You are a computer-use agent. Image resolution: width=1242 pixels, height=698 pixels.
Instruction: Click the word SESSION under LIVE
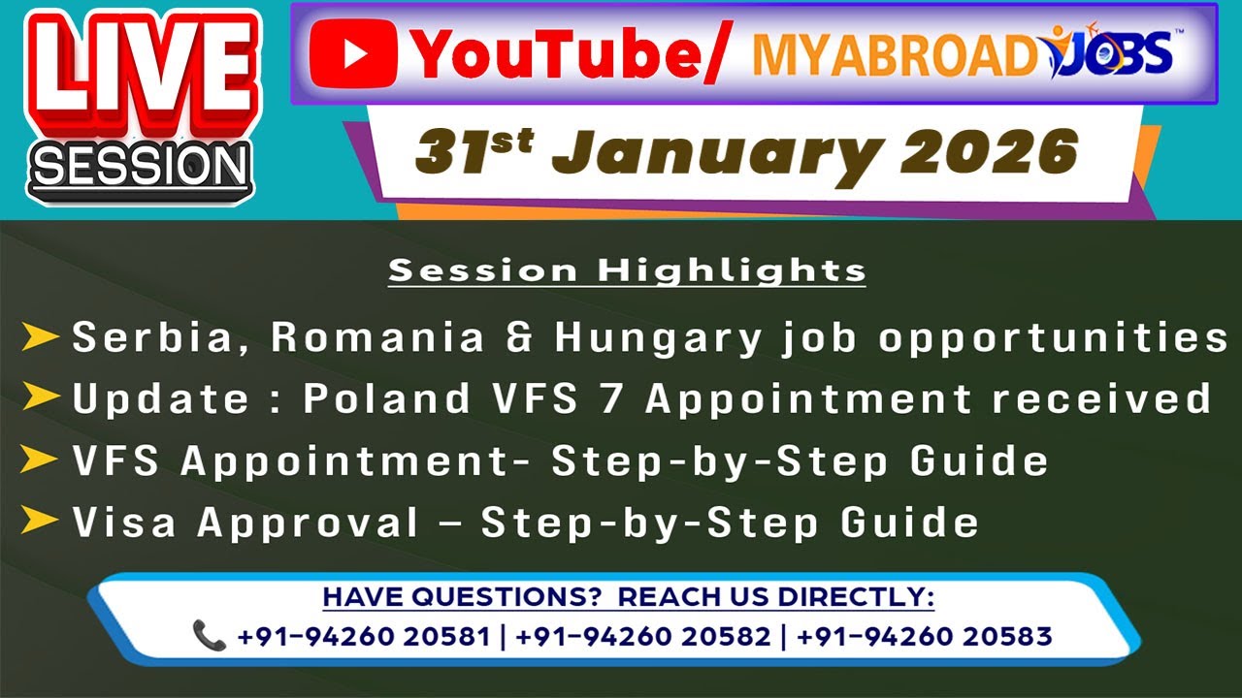pyautogui.click(x=140, y=167)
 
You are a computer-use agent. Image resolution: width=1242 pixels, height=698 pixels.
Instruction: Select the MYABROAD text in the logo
pyautogui.click(x=893, y=56)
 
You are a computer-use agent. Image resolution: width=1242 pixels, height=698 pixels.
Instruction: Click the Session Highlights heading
pyautogui.click(x=627, y=270)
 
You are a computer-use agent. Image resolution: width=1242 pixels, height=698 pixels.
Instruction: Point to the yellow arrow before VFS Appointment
pyautogui.click(x=40, y=460)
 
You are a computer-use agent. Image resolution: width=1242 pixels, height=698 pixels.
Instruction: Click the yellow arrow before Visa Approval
pyautogui.click(x=40, y=522)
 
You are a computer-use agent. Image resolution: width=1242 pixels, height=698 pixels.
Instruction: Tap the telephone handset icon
pyautogui.click(x=210, y=636)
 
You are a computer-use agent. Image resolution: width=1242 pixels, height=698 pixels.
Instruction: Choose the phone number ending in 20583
pyautogui.click(x=924, y=636)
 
